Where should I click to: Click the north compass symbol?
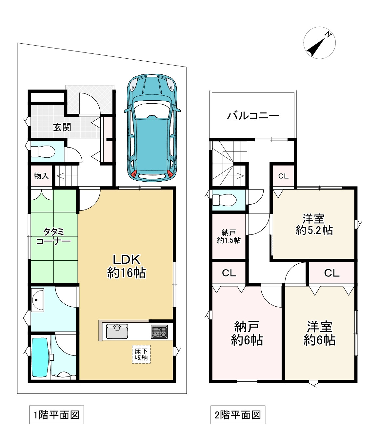pos(319,43)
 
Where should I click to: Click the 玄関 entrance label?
pos(62,127)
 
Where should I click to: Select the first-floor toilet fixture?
pos(43,151)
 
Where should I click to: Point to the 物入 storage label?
pos(41,176)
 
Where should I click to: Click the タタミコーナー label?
pos(53,236)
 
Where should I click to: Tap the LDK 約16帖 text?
pos(127,266)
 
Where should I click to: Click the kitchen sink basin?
pos(117,332)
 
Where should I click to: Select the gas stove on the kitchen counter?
pos(159,332)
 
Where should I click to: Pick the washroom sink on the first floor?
pos(38,300)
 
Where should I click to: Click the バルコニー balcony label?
pos(253,115)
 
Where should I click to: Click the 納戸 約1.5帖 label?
pos(229,236)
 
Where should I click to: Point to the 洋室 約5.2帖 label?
pos(314,225)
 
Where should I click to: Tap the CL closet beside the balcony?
pos(283,176)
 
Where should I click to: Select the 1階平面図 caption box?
pos(56,414)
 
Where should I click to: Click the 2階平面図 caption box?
pos(238,414)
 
